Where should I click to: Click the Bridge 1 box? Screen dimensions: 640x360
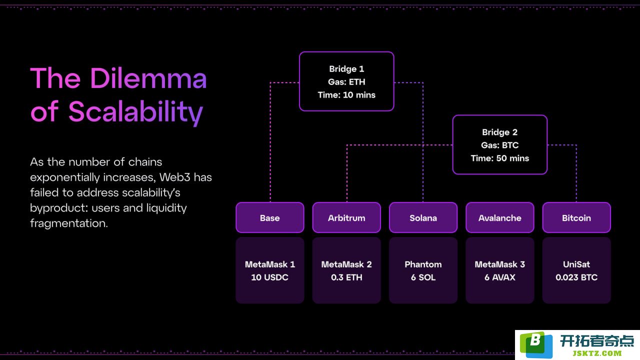[346, 81]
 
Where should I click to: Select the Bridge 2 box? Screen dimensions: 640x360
[500, 145]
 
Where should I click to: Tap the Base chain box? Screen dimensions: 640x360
[270, 217]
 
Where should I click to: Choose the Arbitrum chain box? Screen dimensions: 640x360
[346, 217]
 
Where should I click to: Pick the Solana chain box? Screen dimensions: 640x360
[423, 217]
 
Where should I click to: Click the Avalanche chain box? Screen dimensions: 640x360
[500, 217]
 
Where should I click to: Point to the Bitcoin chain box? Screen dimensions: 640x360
[576, 217]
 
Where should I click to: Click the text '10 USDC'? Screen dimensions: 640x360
[269, 277]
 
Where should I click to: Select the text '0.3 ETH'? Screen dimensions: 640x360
[346, 277]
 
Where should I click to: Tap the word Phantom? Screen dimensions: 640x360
[423, 264]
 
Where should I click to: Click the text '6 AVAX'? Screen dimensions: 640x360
[500, 277]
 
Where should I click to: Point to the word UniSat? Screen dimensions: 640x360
[576, 264]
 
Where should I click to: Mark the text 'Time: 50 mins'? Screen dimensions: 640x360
[500, 158]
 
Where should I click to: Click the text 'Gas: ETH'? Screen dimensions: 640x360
[346, 81]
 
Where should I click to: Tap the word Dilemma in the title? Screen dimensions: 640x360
[148, 78]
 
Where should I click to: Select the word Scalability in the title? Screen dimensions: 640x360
[135, 112]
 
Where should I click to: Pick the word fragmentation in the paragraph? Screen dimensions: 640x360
[69, 223]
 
